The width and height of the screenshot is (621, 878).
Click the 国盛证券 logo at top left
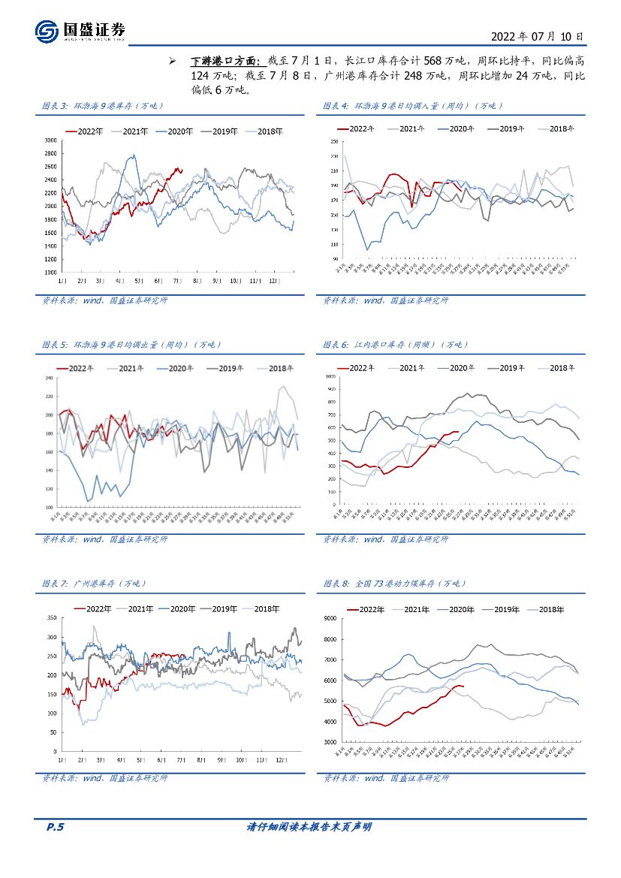click(80, 31)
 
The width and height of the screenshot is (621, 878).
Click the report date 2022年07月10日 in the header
click(537, 35)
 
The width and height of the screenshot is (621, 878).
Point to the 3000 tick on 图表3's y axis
click(50, 140)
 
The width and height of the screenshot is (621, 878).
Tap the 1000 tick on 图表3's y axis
click(50, 272)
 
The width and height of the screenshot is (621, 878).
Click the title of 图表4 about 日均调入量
click(414, 106)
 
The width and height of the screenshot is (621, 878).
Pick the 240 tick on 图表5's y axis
click(51, 377)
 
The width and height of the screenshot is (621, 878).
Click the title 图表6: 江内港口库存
click(395, 345)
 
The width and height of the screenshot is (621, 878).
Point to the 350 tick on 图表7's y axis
click(51, 617)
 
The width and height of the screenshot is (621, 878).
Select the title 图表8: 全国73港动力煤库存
click(395, 584)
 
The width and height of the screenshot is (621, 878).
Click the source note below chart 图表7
click(104, 778)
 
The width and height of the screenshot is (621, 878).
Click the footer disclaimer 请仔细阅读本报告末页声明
click(309, 827)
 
